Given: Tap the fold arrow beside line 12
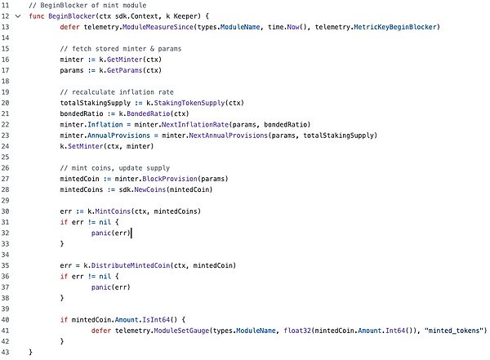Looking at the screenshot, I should pyautogui.click(x=18, y=16).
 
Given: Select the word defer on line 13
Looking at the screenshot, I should pyautogui.click(x=70, y=27).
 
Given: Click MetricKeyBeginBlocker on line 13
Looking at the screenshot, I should pyautogui.click(x=398, y=27).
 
